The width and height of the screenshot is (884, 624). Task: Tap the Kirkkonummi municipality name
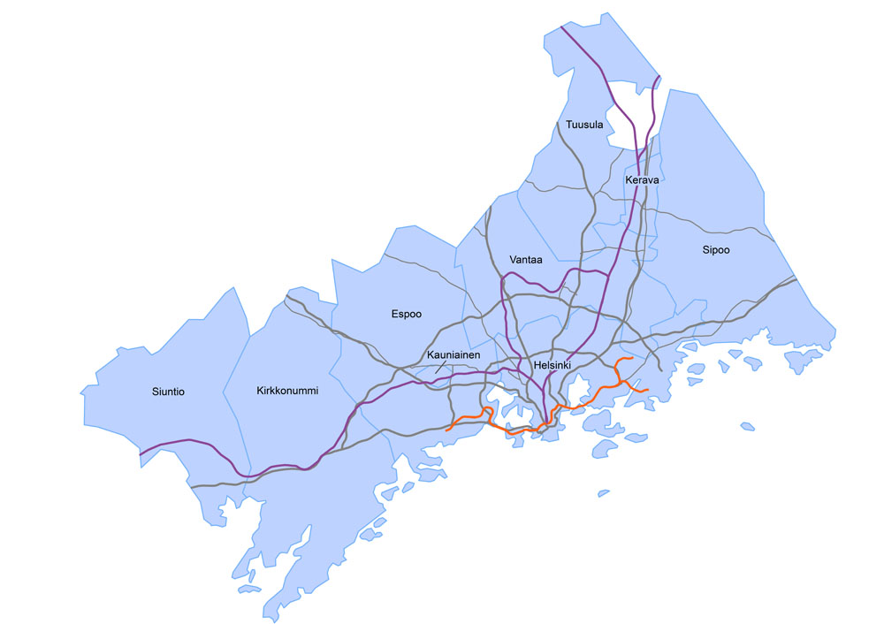click(286, 390)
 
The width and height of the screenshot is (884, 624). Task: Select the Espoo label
click(407, 313)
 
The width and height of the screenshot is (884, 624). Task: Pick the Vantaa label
click(527, 259)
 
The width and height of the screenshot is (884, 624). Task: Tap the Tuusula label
click(584, 125)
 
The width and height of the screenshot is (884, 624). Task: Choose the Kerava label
click(643, 180)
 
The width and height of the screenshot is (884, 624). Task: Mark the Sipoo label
click(716, 250)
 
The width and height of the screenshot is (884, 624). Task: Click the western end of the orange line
click(447, 430)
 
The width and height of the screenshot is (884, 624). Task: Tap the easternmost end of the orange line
click(648, 390)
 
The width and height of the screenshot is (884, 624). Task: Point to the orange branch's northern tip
click(629, 359)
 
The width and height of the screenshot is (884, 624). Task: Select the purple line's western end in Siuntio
click(140, 455)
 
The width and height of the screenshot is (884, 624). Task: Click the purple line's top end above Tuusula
click(561, 27)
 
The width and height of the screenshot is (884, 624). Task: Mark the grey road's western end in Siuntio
click(191, 486)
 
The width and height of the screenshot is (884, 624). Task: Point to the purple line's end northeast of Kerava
click(659, 77)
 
